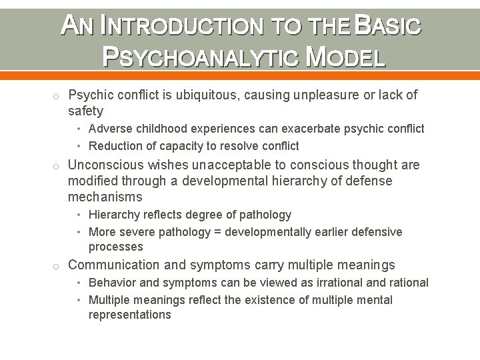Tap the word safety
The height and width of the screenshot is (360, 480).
pos(86,111)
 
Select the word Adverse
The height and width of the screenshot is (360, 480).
pos(110,129)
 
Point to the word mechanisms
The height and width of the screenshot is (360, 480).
pos(105,197)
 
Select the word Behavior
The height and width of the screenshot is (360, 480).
pos(112,283)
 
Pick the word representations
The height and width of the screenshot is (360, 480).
pos(130,315)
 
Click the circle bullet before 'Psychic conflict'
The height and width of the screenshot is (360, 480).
pos(58,96)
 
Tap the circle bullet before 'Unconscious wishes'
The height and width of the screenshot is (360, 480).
pos(58,165)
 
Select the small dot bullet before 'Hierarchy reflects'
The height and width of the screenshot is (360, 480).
pos(79,215)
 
